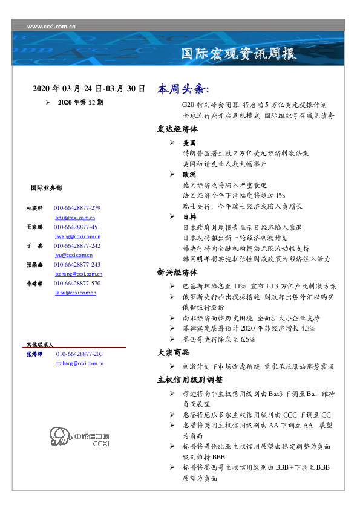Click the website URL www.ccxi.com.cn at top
click(51, 26)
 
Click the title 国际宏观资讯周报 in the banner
click(240, 54)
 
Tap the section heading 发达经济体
click(177, 129)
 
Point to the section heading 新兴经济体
click(177, 273)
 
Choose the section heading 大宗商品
click(173, 352)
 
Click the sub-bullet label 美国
click(189, 143)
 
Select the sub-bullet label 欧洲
click(189, 174)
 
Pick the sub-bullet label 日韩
click(189, 216)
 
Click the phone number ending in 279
click(77, 208)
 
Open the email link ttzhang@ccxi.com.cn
click(79, 363)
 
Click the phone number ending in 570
click(77, 283)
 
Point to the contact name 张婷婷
click(34, 354)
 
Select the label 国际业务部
click(46, 187)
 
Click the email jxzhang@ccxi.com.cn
click(77, 274)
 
